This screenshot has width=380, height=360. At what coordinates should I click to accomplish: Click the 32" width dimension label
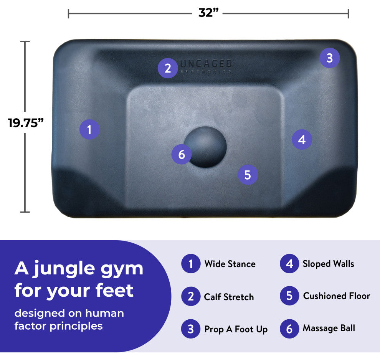(208, 12)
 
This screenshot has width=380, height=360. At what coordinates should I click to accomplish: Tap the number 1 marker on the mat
(89, 129)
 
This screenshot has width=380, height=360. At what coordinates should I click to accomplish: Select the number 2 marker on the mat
(168, 68)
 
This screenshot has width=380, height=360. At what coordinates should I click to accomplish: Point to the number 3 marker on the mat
(330, 58)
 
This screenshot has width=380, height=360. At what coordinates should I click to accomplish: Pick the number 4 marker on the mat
(302, 140)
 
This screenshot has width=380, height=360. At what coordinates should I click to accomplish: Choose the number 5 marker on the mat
(248, 175)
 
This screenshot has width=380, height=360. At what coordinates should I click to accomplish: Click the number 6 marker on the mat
(182, 154)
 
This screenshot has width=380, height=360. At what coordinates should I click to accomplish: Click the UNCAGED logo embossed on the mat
(206, 66)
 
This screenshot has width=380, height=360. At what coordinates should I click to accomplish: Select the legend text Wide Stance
(230, 264)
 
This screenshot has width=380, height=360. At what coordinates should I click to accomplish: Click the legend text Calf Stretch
(229, 297)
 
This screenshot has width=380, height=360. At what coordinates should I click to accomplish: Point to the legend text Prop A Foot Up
(236, 329)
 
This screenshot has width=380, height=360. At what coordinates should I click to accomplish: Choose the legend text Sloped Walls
(329, 264)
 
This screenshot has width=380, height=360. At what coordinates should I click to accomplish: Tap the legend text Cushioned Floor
(336, 296)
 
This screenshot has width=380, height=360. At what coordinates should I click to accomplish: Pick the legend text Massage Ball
(329, 328)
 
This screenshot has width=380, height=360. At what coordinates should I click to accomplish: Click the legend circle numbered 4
(289, 264)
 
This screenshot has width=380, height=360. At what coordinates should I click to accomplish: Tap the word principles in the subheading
(76, 326)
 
